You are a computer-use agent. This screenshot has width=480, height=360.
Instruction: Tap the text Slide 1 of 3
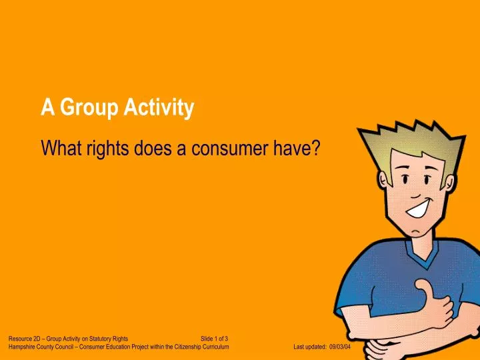point(215,339)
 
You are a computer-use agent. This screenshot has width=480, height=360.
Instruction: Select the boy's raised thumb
point(424,288)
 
